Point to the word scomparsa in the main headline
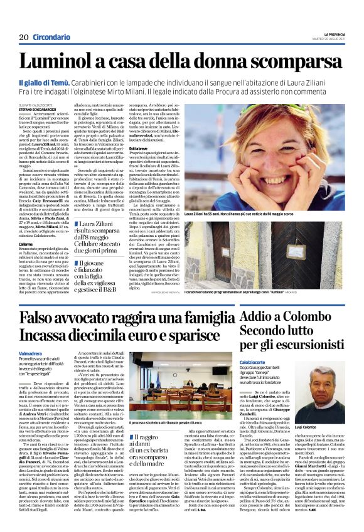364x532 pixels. coord(293,62)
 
